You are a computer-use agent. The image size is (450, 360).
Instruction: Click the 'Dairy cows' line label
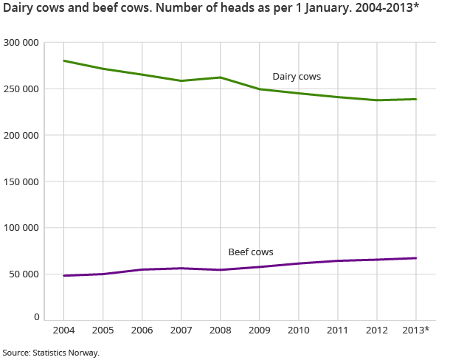click(297, 77)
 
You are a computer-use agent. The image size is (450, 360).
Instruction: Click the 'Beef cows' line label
click(251, 252)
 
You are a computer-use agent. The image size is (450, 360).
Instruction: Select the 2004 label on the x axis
click(64, 329)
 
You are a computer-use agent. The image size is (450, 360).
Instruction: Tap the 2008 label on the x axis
click(221, 329)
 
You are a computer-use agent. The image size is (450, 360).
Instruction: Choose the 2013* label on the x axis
click(417, 329)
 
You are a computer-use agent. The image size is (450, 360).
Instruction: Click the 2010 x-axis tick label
click(299, 329)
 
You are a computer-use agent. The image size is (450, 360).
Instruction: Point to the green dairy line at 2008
click(221, 77)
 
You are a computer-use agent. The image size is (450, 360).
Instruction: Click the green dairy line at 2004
click(64, 60)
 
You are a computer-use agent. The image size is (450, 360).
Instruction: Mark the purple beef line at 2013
click(416, 258)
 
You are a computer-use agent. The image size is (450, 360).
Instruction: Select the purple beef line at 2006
click(142, 269)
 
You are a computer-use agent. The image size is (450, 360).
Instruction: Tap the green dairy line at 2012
click(377, 100)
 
